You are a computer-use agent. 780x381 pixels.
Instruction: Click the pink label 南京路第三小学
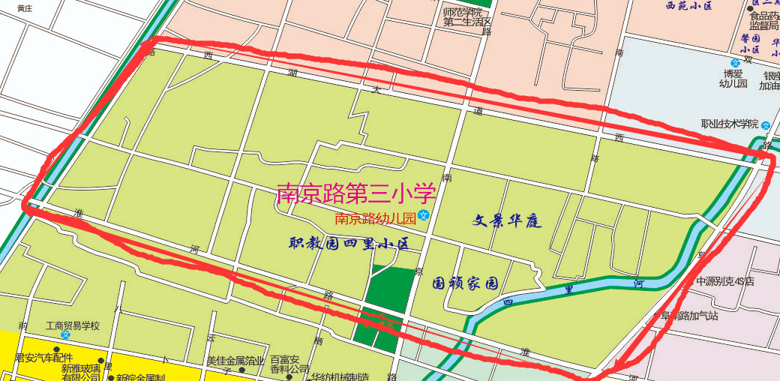356,193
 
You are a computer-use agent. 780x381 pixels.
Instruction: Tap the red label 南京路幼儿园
375,219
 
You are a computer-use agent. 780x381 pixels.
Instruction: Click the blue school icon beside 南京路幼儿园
424,216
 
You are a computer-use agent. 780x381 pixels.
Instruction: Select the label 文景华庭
507,221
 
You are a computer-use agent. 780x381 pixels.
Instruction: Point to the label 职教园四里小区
350,244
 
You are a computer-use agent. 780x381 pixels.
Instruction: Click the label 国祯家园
466,284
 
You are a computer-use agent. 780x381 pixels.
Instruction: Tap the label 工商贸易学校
72,326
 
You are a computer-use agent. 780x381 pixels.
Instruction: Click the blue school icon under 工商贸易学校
65,334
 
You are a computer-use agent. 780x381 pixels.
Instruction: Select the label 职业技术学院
730,124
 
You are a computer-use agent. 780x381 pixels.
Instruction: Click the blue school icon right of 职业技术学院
765,124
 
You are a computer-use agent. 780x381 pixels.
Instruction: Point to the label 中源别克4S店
724,282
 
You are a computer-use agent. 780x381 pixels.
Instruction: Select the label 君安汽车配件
47,358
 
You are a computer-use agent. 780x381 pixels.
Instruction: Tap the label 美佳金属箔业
235,361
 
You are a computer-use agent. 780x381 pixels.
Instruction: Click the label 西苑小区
688,6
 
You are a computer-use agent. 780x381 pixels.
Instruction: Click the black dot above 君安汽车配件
56,349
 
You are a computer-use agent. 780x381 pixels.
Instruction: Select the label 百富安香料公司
289,364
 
